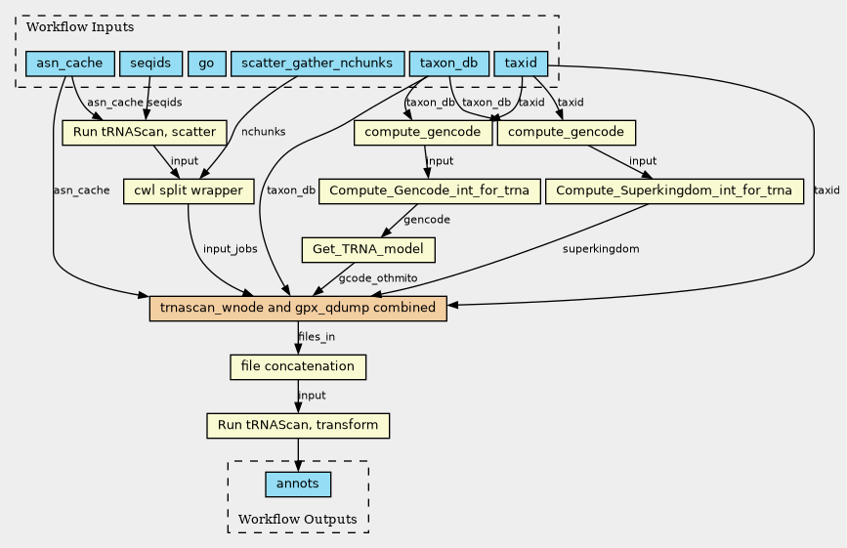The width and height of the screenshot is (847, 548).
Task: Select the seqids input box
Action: [x=149, y=63]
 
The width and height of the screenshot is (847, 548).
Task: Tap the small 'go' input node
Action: [x=205, y=63]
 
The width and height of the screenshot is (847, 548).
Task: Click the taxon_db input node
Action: [x=448, y=63]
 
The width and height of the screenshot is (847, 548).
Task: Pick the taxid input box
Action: [x=521, y=63]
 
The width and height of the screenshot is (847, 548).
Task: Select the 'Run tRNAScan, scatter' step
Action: [x=145, y=132]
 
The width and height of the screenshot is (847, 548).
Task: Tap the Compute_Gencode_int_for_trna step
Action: [x=430, y=190]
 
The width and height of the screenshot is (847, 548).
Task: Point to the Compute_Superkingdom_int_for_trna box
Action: [x=675, y=190]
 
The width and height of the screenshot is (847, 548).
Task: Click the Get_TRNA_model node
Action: [x=369, y=250]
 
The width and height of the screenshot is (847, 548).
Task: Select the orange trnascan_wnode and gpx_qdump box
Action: [x=298, y=309]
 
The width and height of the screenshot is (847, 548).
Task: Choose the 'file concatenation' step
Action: [x=298, y=367]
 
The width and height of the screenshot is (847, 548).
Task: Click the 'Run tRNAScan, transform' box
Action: [x=298, y=426]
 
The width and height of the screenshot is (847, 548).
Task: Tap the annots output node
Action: [x=298, y=485]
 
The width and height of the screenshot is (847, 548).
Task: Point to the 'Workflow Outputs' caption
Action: [x=297, y=518]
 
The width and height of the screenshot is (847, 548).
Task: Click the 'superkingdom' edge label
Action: [x=601, y=249]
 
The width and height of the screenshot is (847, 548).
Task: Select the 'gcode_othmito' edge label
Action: [x=378, y=279]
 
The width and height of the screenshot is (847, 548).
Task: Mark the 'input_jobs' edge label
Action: [x=231, y=249]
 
